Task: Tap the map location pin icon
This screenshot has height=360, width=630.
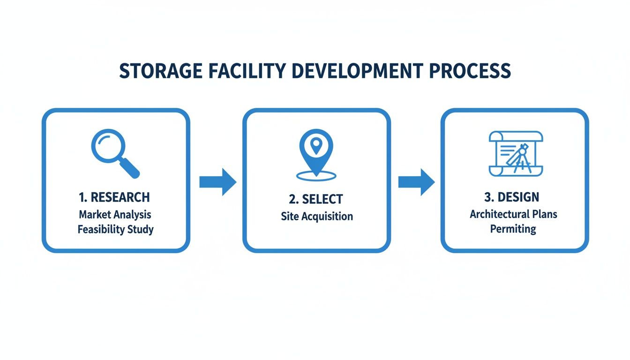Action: pyautogui.click(x=316, y=150)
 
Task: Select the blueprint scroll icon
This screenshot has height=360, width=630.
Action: pyautogui.click(x=516, y=154)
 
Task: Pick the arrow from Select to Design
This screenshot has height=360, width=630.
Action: pyautogui.click(x=416, y=182)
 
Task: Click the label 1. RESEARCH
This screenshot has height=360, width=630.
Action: pyautogui.click(x=115, y=197)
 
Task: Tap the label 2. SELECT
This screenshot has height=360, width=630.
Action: pyautogui.click(x=316, y=199)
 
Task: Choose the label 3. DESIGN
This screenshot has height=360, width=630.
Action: pyautogui.click(x=512, y=197)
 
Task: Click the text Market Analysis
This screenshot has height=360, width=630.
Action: pyautogui.click(x=115, y=214)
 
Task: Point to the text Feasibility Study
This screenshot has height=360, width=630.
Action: pyautogui.click(x=115, y=230)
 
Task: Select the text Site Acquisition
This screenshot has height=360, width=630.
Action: pyautogui.click(x=317, y=216)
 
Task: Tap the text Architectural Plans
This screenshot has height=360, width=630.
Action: pyautogui.click(x=513, y=214)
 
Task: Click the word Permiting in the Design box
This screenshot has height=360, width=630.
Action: pyautogui.click(x=513, y=229)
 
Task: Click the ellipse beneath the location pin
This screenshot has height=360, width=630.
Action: pyautogui.click(x=316, y=176)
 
